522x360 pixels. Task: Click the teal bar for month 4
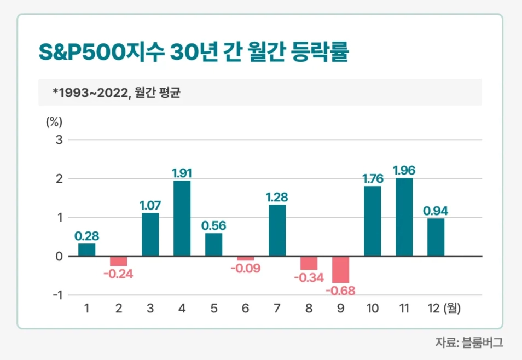pos(182,218)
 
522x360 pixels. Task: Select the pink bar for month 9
pos(340,269)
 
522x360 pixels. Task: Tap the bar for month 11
pos(404,217)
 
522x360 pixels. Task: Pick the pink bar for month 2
pos(118,261)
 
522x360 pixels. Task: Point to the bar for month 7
pos(277,230)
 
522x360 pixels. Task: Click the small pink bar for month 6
pos(245,258)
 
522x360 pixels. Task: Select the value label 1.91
pos(182,173)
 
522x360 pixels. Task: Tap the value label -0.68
pos(340,290)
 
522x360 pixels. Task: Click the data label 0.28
pos(86,236)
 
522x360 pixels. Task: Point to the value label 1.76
pos(372,179)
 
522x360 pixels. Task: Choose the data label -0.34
pos(309,277)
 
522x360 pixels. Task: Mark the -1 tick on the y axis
pos(57,295)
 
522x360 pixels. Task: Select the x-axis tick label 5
pos(213,309)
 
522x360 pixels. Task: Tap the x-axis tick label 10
pos(372,309)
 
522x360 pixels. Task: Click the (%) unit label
pos(54,121)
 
